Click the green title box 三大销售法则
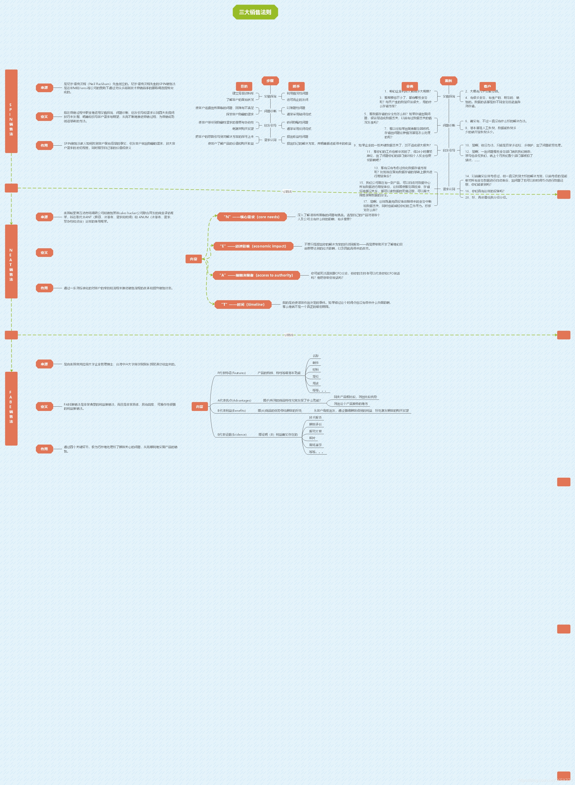click(x=255, y=12)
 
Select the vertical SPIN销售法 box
click(x=11, y=111)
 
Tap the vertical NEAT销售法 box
click(x=11, y=261)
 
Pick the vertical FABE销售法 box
click(x=11, y=408)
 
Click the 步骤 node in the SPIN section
click(x=270, y=81)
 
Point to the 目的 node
click(x=244, y=86)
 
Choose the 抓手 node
click(x=296, y=86)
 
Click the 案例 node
click(x=448, y=81)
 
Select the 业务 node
click(x=410, y=86)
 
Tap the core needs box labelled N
click(x=252, y=217)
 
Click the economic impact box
click(x=253, y=246)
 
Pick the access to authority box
click(x=256, y=275)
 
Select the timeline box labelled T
click(x=243, y=305)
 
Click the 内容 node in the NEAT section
click(x=193, y=259)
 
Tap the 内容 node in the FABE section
click(x=200, y=407)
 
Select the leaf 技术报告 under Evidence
click(x=315, y=417)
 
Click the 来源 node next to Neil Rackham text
click(x=44, y=88)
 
